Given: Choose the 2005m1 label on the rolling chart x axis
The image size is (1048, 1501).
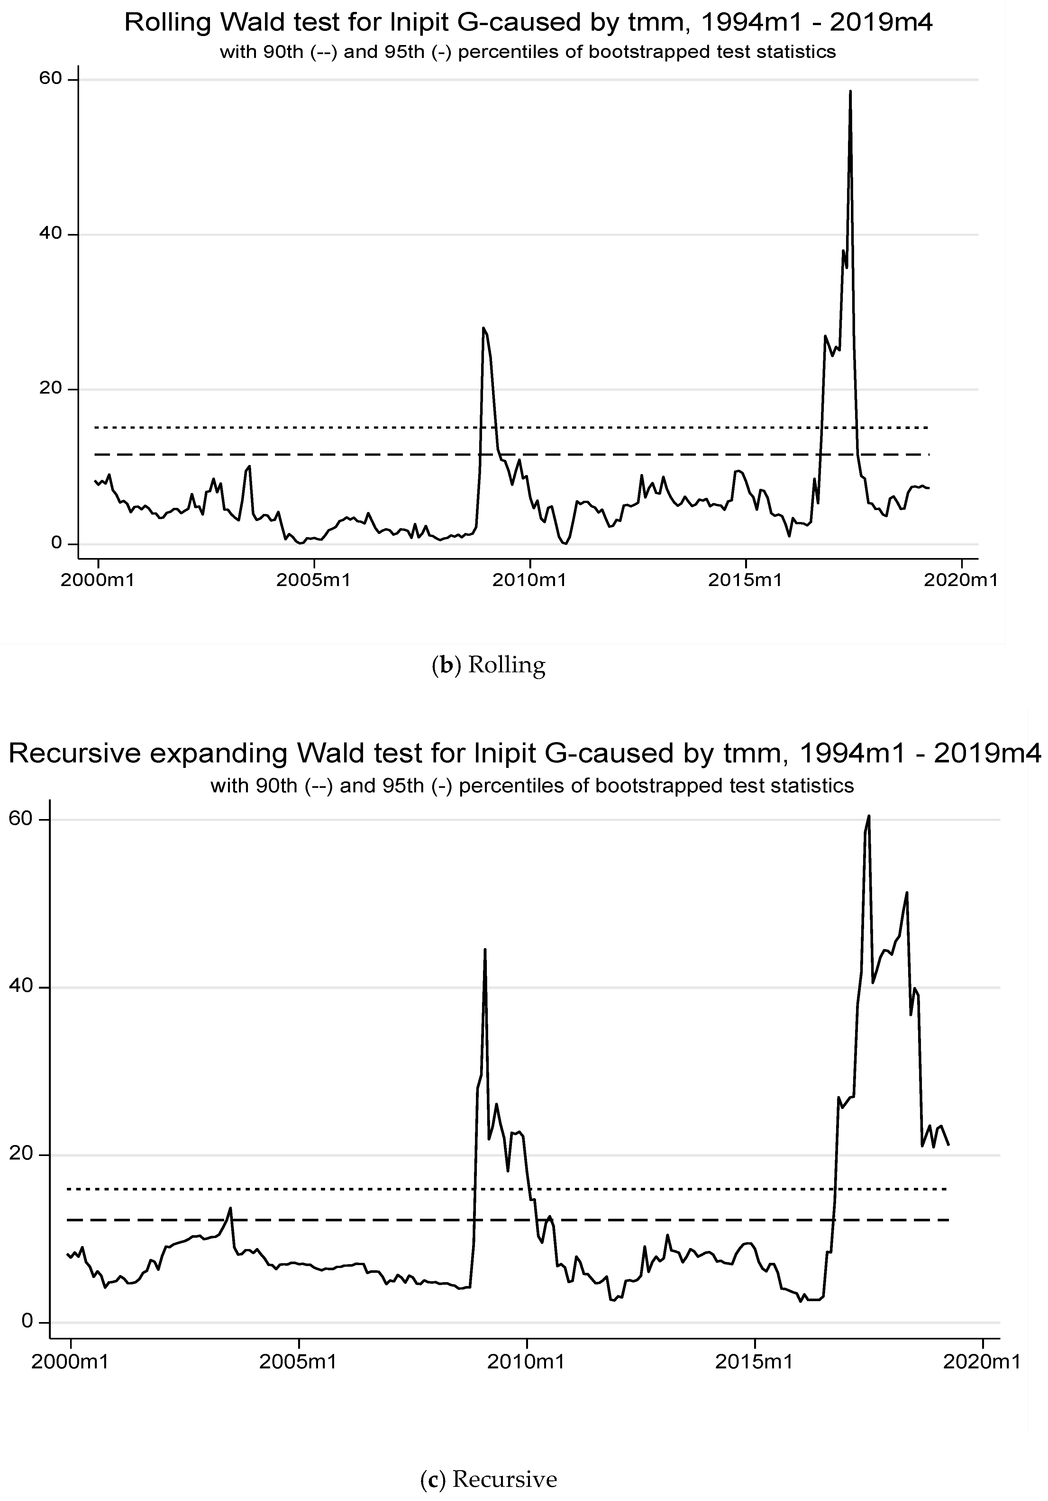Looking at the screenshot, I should point(314,580).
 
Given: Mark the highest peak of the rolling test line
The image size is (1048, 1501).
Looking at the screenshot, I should point(850,91).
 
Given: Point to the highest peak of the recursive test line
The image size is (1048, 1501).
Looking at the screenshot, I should point(869,816).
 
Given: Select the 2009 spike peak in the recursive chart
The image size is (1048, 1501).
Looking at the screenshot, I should point(485,949).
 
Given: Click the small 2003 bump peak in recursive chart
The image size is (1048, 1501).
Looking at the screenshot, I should point(230,1208).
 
